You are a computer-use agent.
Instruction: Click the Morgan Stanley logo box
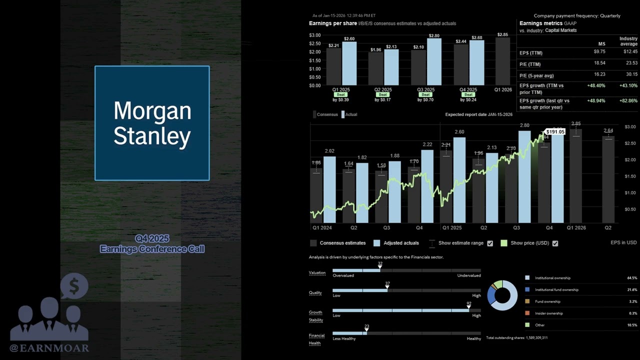(x=152, y=123)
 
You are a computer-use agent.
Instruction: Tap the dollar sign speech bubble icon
(x=74, y=286)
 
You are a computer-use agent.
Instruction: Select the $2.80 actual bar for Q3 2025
(x=434, y=61)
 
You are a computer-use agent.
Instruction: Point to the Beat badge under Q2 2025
(x=383, y=94)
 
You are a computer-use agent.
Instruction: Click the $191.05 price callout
(x=555, y=132)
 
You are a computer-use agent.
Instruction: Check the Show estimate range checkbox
(x=490, y=243)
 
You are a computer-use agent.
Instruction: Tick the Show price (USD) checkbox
(x=555, y=243)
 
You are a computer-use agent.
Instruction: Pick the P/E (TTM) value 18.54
(x=599, y=64)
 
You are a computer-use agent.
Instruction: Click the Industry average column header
(x=628, y=41)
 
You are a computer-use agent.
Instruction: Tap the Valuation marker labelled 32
(x=380, y=267)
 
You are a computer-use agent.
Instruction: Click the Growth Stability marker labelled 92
(x=469, y=307)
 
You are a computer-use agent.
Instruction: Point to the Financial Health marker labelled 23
(x=366, y=330)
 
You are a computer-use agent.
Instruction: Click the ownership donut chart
(x=502, y=295)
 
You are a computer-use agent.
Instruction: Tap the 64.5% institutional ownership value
(x=632, y=278)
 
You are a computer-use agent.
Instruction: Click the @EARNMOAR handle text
(x=49, y=348)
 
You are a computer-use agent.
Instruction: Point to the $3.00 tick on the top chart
(x=315, y=35)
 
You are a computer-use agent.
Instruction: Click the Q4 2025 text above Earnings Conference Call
(x=152, y=238)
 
